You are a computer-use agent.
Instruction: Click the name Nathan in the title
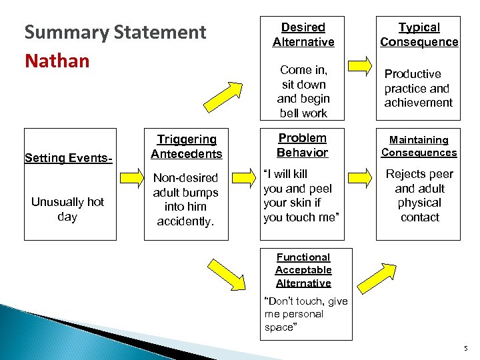click(x=57, y=61)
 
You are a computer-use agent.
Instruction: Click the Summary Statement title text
click(x=115, y=33)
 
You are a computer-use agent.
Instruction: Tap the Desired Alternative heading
click(x=303, y=35)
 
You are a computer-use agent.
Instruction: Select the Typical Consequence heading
click(x=419, y=35)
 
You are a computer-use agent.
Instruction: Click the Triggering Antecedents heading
click(x=186, y=147)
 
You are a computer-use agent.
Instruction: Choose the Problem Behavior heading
click(x=303, y=145)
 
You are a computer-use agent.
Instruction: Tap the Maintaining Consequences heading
click(x=419, y=146)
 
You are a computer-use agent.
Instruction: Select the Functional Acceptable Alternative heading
click(x=303, y=270)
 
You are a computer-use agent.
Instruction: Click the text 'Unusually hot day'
click(x=67, y=209)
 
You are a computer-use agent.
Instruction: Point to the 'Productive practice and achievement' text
click(x=418, y=88)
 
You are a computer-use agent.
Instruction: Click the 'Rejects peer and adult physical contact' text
click(x=419, y=195)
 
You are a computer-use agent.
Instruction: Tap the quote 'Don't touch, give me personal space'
click(x=305, y=314)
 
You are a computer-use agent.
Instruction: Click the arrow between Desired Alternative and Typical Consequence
click(x=361, y=66)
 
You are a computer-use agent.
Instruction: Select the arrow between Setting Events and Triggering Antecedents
click(x=130, y=183)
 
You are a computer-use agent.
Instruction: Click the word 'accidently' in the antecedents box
click(x=185, y=221)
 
